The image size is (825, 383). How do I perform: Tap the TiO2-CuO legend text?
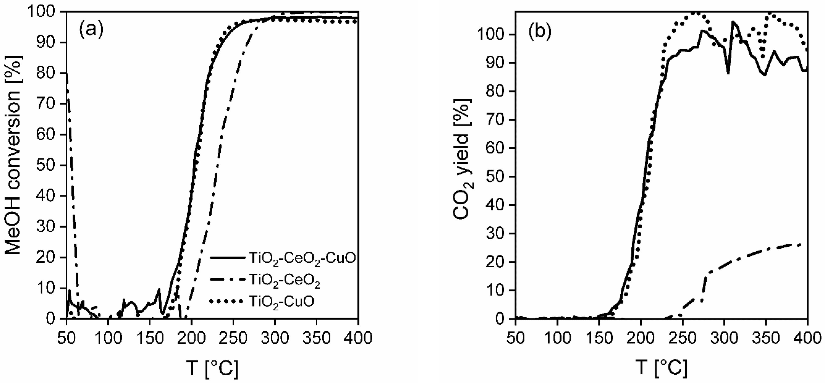[x=282, y=301]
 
